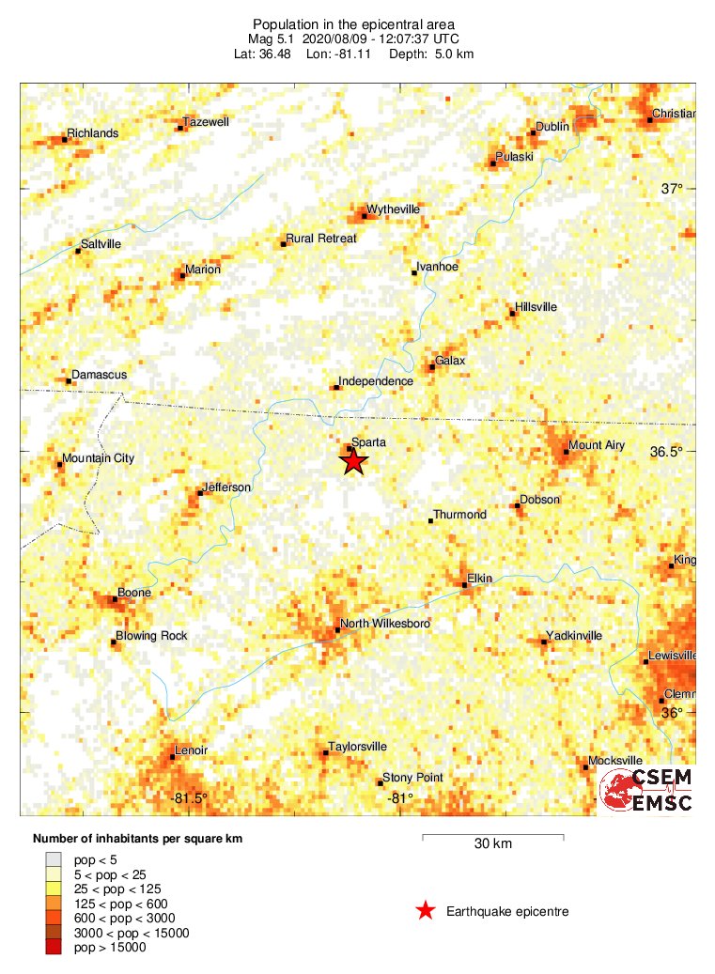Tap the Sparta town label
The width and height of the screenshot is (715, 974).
click(x=368, y=441)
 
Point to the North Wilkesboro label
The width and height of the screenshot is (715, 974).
click(x=385, y=624)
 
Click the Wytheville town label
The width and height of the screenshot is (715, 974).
click(x=393, y=209)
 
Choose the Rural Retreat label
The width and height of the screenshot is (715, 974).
click(x=321, y=239)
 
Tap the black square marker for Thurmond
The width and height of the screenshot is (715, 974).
click(x=430, y=520)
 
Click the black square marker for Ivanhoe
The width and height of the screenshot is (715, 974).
click(x=414, y=273)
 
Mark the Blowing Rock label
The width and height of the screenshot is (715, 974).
click(x=151, y=636)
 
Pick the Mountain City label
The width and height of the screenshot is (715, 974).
click(x=98, y=458)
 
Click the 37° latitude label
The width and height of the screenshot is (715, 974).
click(x=672, y=189)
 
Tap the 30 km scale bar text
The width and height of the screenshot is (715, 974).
click(x=492, y=843)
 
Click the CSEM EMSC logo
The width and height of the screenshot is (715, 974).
click(x=647, y=790)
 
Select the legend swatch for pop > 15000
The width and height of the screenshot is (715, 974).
click(x=54, y=948)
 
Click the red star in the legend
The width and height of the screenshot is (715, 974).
click(x=426, y=910)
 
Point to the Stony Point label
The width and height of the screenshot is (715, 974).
click(x=412, y=778)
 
